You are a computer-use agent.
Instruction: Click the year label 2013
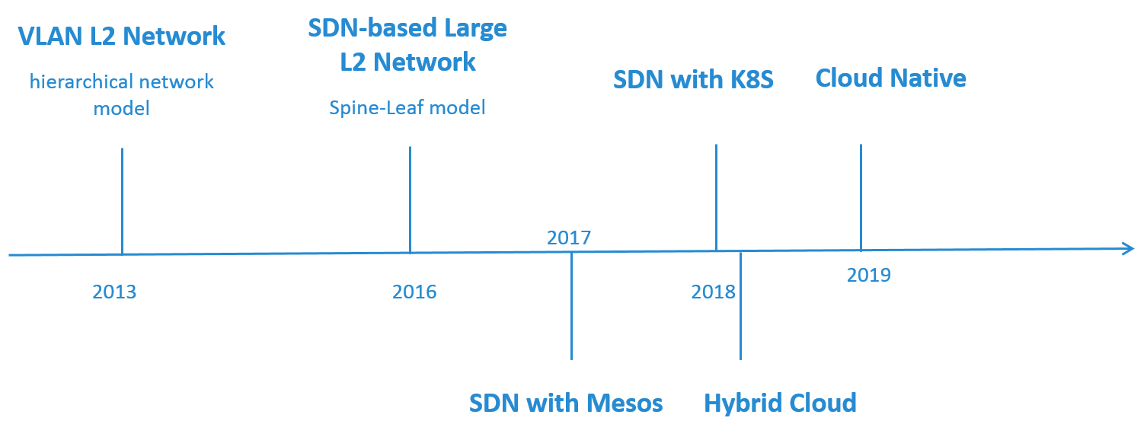click(114, 292)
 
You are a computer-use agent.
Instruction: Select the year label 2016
click(414, 292)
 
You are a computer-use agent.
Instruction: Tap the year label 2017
click(569, 238)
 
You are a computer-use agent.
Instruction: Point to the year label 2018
click(714, 292)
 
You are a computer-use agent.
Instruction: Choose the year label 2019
click(868, 275)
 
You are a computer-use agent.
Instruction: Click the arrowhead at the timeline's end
click(1129, 247)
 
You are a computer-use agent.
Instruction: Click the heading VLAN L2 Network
click(122, 36)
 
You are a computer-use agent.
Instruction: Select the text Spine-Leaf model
click(407, 107)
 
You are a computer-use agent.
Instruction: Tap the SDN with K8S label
click(693, 79)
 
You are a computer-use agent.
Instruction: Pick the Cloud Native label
click(890, 78)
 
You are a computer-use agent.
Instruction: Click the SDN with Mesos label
click(566, 403)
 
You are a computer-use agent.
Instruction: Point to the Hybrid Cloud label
click(780, 403)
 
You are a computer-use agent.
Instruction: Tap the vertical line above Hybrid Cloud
click(740, 305)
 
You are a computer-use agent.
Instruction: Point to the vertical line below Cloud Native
click(861, 196)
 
